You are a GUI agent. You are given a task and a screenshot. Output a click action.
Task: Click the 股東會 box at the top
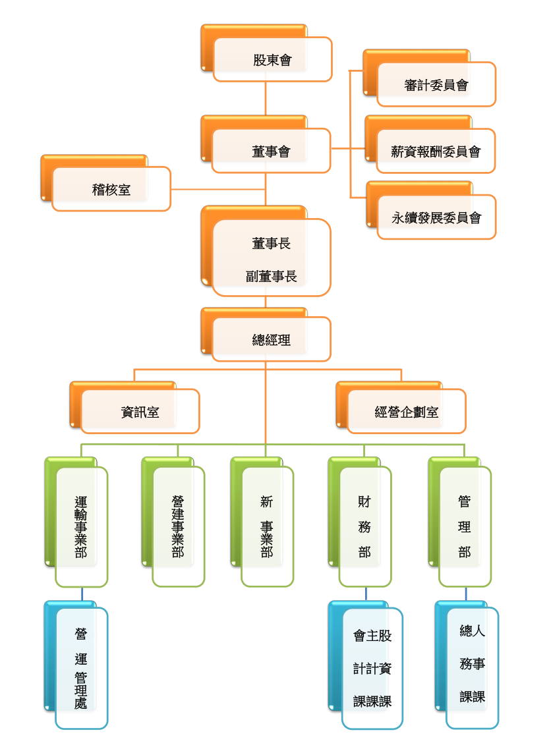272,60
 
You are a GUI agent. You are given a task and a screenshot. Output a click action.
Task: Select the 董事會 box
271,152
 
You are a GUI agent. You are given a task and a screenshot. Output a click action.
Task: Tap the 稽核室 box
111,190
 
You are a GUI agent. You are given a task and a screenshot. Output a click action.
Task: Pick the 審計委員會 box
436,84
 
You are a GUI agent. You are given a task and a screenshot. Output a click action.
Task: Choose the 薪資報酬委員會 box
436,152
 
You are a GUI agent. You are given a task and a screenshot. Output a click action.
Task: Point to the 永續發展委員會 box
436,217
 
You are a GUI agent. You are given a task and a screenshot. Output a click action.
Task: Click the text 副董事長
272,277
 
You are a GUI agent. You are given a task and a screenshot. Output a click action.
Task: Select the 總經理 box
271,340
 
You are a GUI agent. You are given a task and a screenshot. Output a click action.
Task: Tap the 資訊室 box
140,412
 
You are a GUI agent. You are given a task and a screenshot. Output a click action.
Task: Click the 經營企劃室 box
407,412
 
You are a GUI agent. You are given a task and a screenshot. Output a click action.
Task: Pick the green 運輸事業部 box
81,527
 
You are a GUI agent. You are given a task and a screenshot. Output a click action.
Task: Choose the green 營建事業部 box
178,527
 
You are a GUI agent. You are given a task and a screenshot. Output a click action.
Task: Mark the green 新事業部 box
267,527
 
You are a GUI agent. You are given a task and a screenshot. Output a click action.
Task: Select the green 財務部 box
365,527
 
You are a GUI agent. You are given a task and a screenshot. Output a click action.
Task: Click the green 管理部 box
465,527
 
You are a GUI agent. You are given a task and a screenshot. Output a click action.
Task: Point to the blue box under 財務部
372,669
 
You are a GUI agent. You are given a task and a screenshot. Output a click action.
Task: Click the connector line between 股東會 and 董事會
266,99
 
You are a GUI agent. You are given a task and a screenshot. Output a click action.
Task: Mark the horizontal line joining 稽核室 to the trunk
217,190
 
